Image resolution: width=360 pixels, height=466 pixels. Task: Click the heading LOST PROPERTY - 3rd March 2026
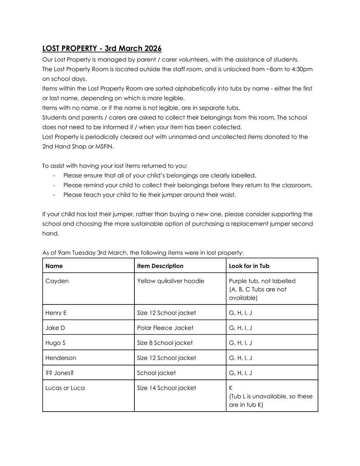[x=102, y=49]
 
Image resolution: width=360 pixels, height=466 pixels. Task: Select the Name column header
[x=54, y=266]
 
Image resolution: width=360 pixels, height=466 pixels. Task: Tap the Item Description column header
[x=160, y=266]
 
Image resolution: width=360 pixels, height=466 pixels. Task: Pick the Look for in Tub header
[x=249, y=266]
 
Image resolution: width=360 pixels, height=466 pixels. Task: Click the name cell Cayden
[x=57, y=281]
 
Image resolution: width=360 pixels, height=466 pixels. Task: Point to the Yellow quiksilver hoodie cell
[x=170, y=281]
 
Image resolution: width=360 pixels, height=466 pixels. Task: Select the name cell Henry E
[x=56, y=313]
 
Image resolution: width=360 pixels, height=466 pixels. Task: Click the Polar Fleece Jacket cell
[x=165, y=328]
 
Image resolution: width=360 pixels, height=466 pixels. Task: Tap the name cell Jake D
[x=55, y=328]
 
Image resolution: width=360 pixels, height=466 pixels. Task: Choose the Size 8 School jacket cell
[x=165, y=343]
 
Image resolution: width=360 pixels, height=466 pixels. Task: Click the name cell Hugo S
[x=56, y=343]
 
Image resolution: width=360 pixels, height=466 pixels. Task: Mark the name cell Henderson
[x=61, y=358]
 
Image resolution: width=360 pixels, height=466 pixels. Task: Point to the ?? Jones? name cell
[x=59, y=373]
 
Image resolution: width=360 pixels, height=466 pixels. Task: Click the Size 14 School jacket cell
[x=167, y=388]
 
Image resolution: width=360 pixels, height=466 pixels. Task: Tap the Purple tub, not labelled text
[x=262, y=281]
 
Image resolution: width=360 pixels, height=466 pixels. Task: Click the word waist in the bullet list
[x=225, y=195]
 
